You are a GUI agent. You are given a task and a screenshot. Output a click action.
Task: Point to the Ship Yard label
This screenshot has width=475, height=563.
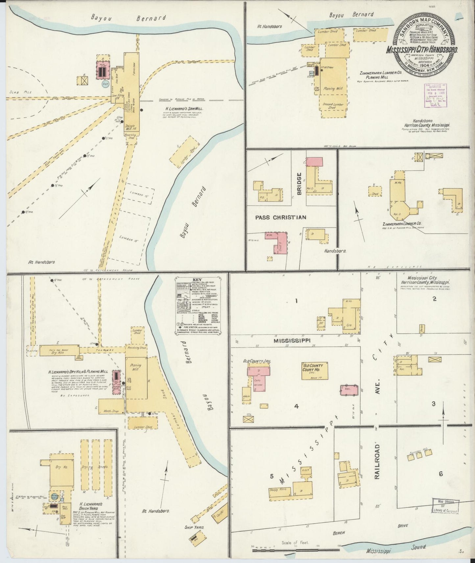198,527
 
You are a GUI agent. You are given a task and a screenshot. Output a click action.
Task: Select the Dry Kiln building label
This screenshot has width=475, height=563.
59,352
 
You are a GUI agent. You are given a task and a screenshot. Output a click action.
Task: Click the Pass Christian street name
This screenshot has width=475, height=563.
281,217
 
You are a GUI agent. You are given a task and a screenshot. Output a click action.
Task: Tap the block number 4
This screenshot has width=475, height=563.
296,406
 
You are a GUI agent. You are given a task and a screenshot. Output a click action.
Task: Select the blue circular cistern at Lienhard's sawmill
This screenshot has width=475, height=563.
106,83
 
